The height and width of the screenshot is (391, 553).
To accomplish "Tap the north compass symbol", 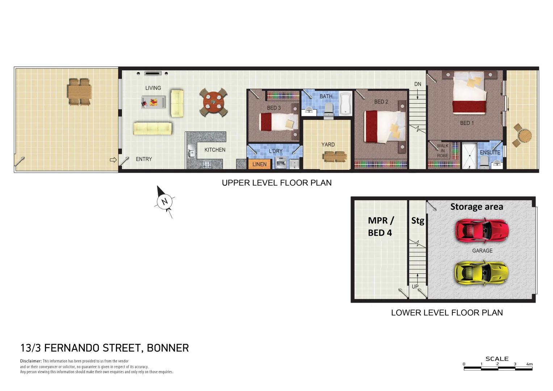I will click(x=165, y=202).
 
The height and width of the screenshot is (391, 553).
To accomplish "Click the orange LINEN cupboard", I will click(x=259, y=164).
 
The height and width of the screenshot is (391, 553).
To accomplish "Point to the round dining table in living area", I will click(x=214, y=102).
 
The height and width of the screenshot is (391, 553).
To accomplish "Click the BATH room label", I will click(x=326, y=96).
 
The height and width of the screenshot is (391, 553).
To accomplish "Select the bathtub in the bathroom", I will click(x=345, y=104).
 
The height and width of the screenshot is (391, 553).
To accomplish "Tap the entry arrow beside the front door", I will click(x=113, y=160).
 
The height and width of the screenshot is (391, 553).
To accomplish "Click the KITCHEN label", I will click(x=215, y=150).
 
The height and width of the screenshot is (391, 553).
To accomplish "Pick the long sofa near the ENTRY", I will click(x=152, y=128).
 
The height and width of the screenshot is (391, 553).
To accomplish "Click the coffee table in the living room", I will click(x=154, y=102).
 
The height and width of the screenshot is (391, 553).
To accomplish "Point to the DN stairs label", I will click(x=418, y=84).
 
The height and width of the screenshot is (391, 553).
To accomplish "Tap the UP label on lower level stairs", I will click(x=415, y=286).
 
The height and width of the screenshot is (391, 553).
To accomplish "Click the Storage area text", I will click(x=477, y=207).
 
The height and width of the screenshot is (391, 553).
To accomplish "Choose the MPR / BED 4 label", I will click(x=380, y=227).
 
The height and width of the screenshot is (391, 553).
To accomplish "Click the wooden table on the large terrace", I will click(x=79, y=92).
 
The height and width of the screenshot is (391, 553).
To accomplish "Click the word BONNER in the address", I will click(x=168, y=348).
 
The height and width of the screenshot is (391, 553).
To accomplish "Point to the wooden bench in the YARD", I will click(x=335, y=156).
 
